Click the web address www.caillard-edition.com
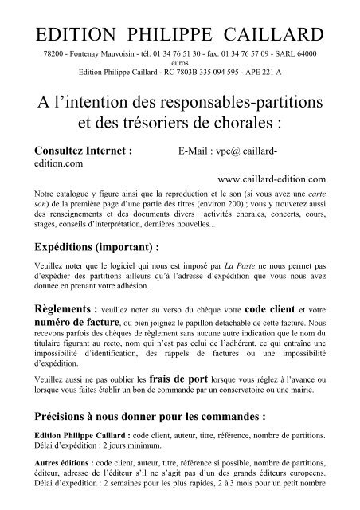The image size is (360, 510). pos(276,179)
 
